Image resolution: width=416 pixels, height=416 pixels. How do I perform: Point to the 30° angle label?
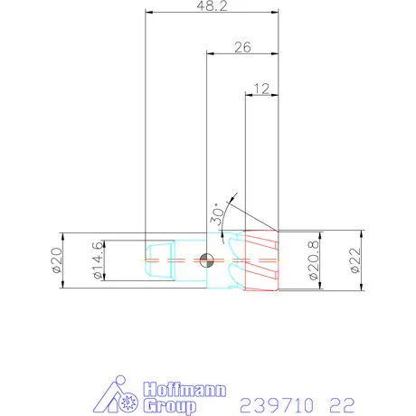(218, 213)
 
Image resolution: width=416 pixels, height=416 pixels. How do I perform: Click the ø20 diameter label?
(54, 260)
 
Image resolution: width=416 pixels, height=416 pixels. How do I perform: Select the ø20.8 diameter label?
(313, 260)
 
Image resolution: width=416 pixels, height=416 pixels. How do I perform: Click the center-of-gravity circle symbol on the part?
(207, 260)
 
